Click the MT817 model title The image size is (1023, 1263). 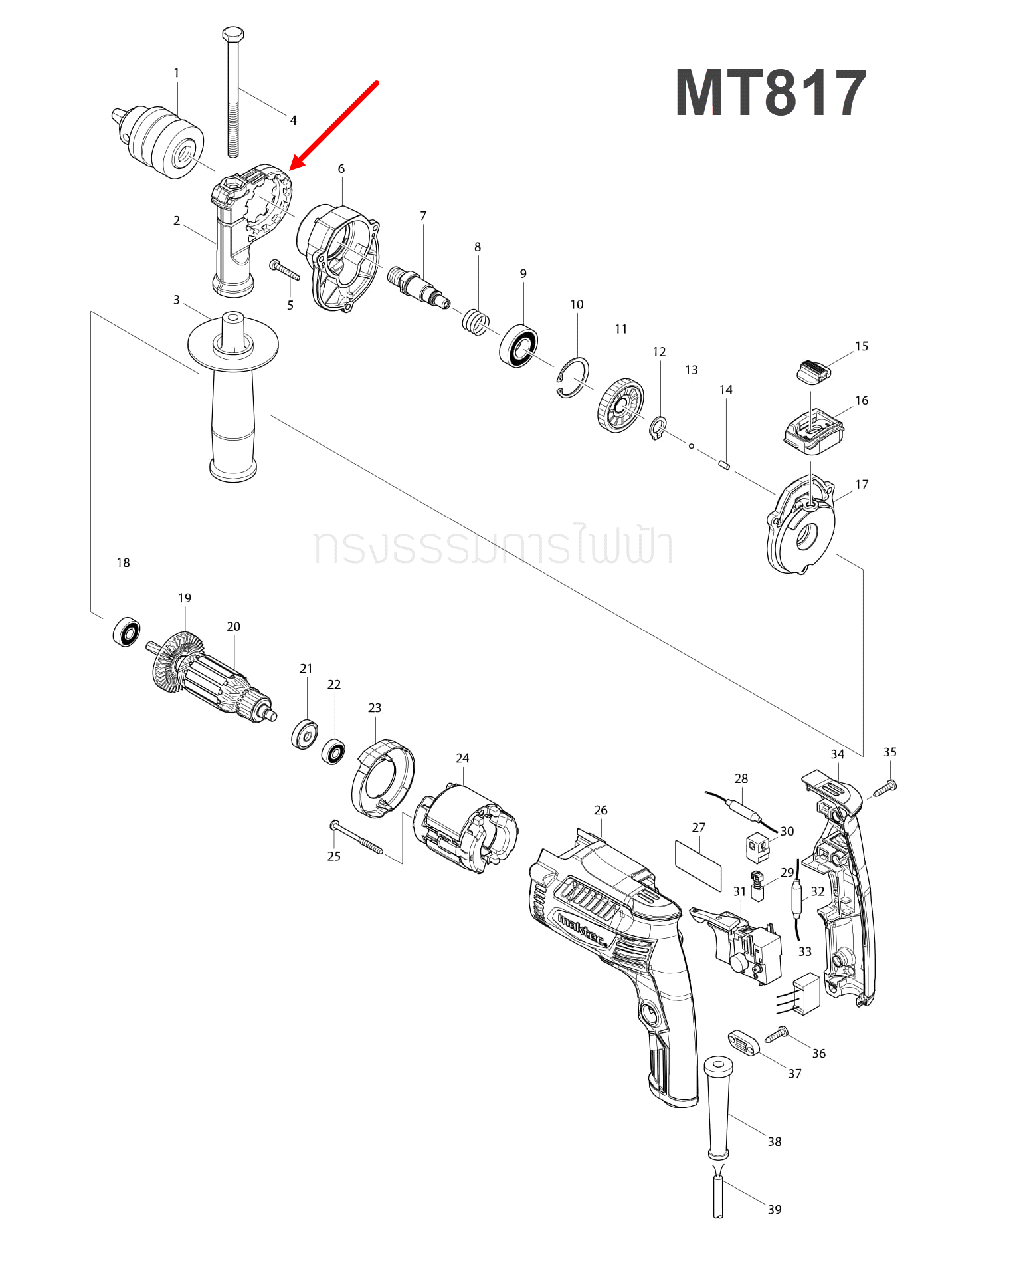tap(771, 94)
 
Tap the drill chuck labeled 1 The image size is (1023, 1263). tap(159, 140)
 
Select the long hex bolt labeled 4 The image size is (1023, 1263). tap(232, 93)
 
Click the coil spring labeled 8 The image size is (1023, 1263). tap(475, 322)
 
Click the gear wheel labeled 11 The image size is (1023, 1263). tap(620, 405)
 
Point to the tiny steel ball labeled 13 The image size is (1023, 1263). tap(692, 445)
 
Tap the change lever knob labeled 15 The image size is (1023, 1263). tap(813, 370)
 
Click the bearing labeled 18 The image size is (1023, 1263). tap(126, 631)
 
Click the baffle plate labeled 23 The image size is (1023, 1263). tap(382, 778)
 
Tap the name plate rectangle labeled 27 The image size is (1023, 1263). tap(698, 865)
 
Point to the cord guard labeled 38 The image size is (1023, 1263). tap(718, 1107)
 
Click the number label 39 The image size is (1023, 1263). tap(775, 1209)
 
